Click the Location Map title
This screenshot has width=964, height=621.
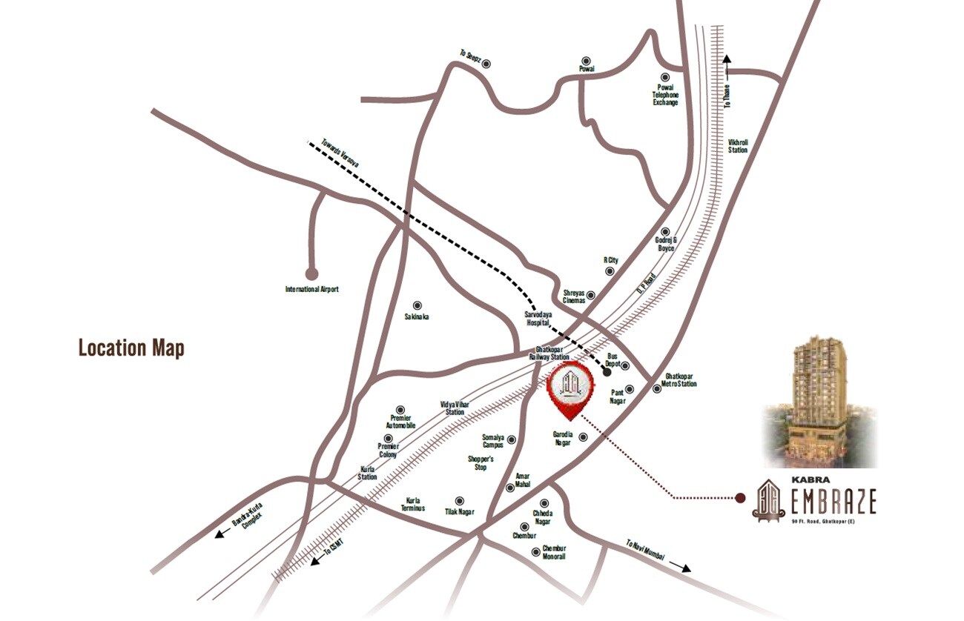(131, 348)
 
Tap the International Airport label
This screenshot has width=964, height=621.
(311, 289)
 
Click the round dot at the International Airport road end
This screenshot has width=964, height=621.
(311, 273)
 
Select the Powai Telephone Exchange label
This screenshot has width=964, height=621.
(665, 95)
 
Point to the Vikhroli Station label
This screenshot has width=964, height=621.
(738, 145)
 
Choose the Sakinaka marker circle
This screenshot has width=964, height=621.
(417, 305)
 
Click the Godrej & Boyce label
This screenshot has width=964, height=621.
(665, 245)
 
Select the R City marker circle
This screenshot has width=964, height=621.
(610, 271)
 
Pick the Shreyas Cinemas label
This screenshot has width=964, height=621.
(574, 296)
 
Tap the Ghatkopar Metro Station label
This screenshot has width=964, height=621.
(680, 379)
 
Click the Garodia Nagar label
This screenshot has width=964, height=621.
(563, 438)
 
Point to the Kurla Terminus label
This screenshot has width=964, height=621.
(414, 504)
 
